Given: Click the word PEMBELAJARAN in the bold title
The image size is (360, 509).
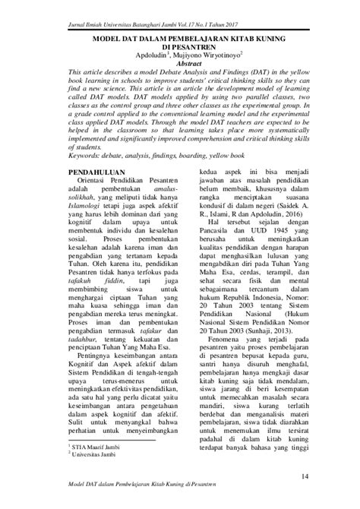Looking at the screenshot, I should click(177, 35).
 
